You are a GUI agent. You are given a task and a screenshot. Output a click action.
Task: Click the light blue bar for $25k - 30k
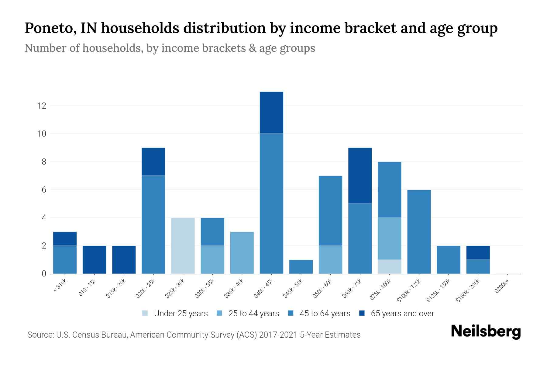click(183, 246)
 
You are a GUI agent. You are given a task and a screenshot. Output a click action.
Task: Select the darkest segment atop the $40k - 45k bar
click(271, 113)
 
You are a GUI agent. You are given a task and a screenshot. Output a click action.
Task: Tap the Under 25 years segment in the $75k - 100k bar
click(390, 267)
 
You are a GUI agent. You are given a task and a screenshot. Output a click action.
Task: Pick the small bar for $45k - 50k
click(301, 267)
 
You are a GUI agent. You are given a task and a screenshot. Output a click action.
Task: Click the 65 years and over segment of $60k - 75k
click(360, 176)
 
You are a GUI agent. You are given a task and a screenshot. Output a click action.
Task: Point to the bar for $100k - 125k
click(419, 232)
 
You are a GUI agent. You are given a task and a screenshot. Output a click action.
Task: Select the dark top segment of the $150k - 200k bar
click(478, 253)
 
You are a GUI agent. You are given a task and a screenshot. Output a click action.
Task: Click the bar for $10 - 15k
click(95, 260)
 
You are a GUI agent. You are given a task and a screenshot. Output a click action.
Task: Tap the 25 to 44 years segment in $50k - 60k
click(330, 260)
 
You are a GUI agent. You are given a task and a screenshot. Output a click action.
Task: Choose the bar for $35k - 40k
click(242, 253)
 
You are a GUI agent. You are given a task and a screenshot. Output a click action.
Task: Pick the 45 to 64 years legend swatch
click(291, 313)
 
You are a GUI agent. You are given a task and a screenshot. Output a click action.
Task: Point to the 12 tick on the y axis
click(42, 106)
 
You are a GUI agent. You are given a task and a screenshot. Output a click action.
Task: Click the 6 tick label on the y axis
click(44, 190)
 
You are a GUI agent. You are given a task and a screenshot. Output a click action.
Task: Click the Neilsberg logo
click(486, 332)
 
